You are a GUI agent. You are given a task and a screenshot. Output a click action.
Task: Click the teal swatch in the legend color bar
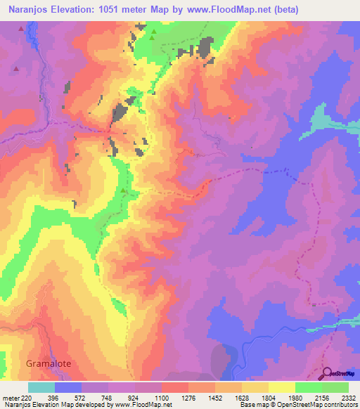[41, 387]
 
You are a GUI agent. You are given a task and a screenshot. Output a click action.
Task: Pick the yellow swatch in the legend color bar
[282, 387]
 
